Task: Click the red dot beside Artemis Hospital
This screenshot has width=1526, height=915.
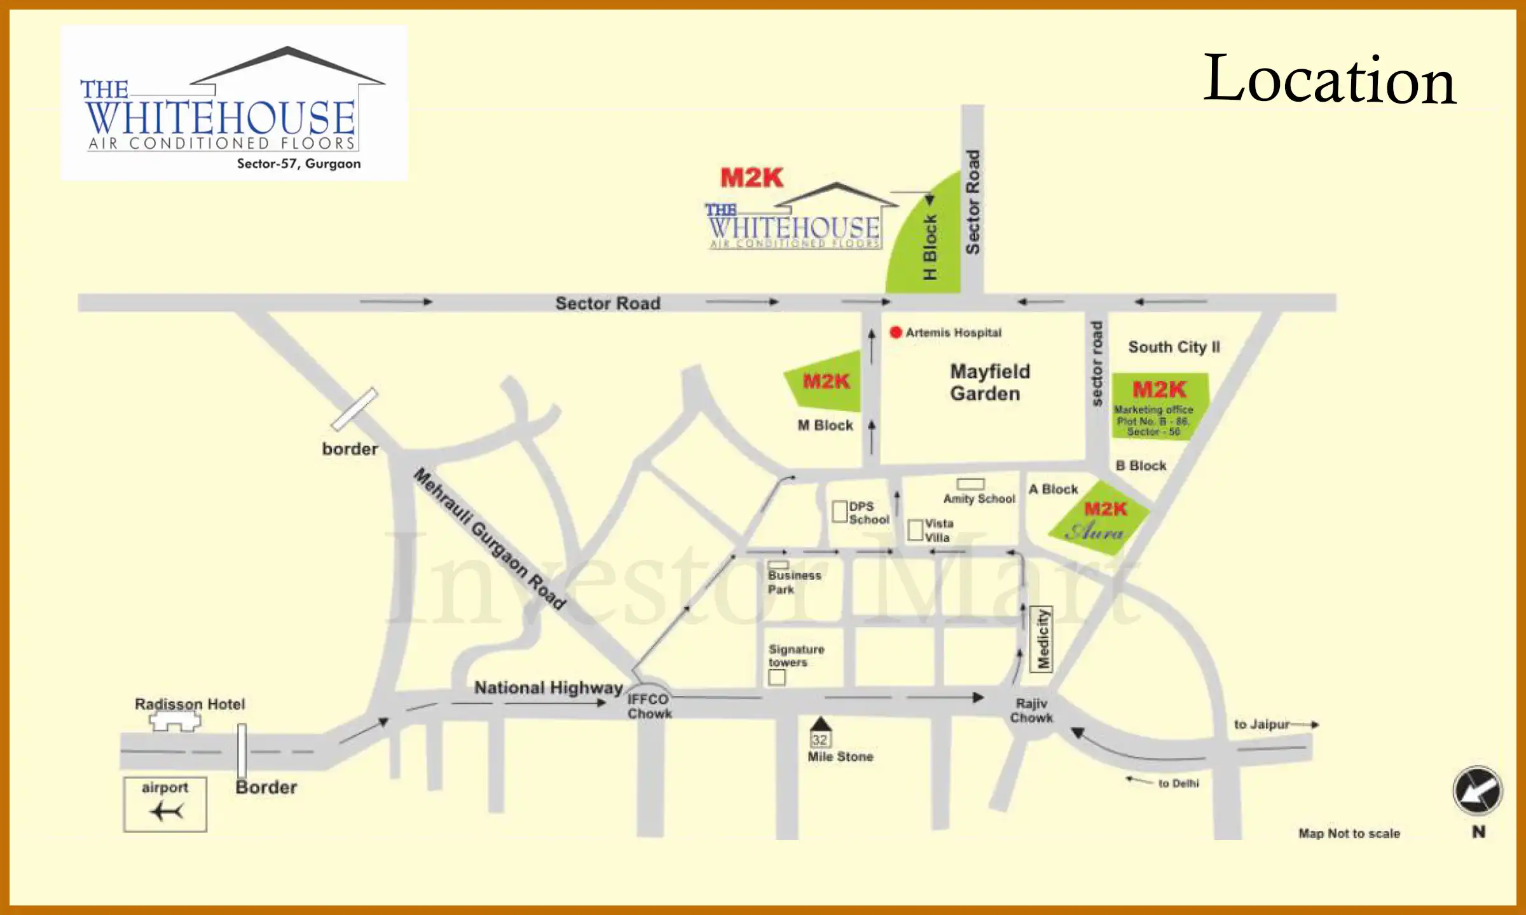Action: point(896,332)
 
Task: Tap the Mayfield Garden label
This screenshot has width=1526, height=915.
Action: point(989,383)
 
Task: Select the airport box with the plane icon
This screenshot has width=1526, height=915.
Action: point(165,804)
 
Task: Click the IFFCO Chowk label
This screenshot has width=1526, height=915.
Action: point(649,706)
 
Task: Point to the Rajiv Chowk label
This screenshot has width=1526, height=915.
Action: point(1031,710)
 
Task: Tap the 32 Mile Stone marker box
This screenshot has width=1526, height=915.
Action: point(820,740)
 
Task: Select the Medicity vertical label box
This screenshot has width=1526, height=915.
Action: point(1041,639)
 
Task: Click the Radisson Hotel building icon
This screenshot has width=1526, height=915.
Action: point(175,721)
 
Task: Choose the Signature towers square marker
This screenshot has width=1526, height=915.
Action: point(776,677)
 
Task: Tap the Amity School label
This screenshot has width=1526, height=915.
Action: point(979,499)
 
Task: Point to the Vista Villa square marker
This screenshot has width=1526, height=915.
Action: point(915,530)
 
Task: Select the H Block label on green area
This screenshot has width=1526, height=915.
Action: point(930,247)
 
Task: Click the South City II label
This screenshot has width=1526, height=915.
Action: point(1174,347)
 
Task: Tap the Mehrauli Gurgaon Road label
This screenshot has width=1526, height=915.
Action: point(490,539)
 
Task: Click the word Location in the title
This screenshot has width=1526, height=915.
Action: point(1330,79)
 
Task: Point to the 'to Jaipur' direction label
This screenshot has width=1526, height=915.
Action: point(1261,724)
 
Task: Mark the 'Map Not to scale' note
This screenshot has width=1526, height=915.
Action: point(1349,833)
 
